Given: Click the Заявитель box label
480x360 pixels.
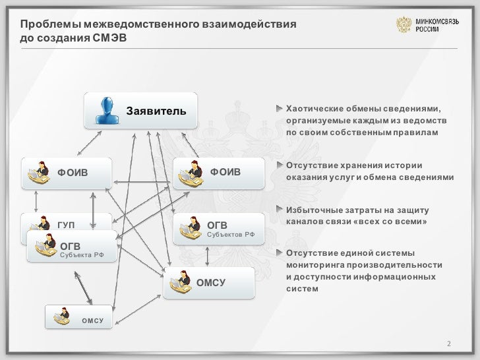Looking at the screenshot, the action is (x=152, y=109).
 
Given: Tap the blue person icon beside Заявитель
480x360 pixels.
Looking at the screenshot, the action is (x=105, y=111).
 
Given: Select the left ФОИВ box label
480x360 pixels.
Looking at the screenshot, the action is (x=73, y=173).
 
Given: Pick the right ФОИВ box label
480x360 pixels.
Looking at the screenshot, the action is (x=225, y=172).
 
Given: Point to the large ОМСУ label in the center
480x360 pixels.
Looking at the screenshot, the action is (x=211, y=283).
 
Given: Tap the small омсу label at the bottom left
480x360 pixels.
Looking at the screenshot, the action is (x=93, y=320).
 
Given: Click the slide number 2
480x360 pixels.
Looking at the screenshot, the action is (x=449, y=344).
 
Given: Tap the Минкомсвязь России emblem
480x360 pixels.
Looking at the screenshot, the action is (x=403, y=26).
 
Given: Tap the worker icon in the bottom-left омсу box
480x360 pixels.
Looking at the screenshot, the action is (x=62, y=316).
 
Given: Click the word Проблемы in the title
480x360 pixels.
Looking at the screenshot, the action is (x=46, y=25).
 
